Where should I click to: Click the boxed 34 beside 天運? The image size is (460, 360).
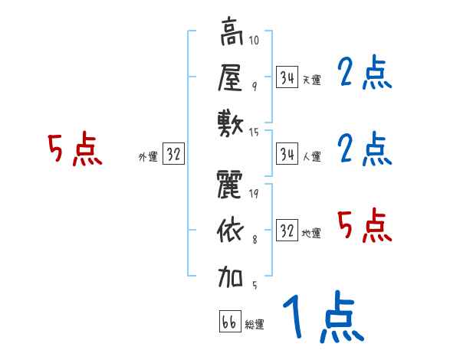(x=287, y=77)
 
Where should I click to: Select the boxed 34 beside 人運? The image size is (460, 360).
(x=287, y=154)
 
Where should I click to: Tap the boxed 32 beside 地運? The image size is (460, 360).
(x=287, y=231)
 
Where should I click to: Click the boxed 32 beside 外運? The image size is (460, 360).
(x=173, y=154)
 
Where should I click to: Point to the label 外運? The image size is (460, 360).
(x=148, y=157)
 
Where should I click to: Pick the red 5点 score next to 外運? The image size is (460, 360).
(x=74, y=149)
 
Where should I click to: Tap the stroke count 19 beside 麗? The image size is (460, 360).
(x=253, y=193)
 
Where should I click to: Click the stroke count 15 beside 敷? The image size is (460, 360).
(x=255, y=133)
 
